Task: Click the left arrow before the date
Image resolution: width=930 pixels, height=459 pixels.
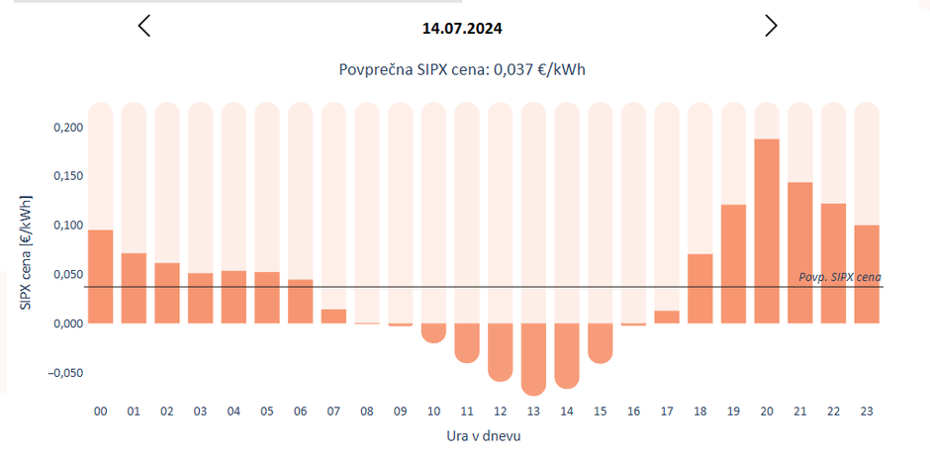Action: tap(144, 27)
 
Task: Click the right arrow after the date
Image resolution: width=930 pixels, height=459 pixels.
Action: tap(771, 27)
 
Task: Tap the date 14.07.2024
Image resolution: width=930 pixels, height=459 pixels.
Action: tap(462, 29)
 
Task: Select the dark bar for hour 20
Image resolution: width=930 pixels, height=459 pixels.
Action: tap(767, 231)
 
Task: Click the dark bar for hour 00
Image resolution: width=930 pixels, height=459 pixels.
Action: tap(101, 277)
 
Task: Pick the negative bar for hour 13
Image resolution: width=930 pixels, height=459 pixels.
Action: tap(533, 358)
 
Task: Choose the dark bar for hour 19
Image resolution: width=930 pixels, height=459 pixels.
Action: tap(733, 264)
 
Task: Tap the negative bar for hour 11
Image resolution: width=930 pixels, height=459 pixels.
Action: tap(467, 342)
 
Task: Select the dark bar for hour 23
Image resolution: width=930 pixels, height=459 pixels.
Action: tap(867, 274)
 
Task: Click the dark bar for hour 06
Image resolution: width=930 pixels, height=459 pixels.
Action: tap(300, 302)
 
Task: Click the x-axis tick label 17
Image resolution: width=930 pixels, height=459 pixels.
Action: tap(667, 411)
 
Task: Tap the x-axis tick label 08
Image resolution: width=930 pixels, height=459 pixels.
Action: tap(367, 411)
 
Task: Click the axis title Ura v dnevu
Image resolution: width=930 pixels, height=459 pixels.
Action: tap(483, 435)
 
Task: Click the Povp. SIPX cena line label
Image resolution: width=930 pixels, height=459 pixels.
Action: tap(839, 277)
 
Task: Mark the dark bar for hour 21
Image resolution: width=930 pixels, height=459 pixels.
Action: tap(800, 253)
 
